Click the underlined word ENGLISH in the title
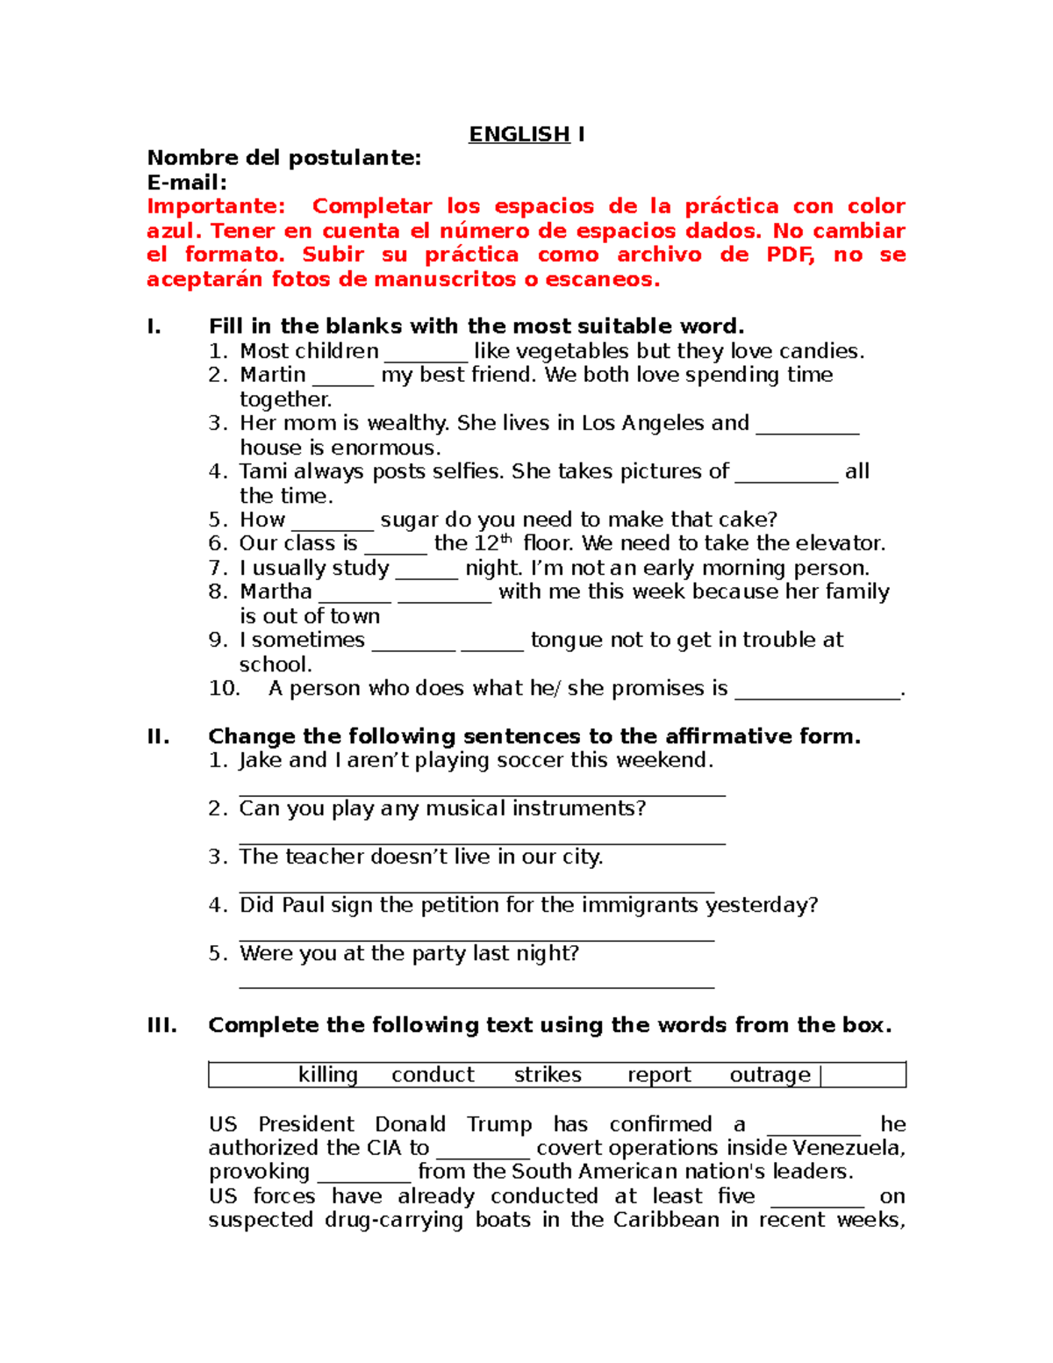[519, 134]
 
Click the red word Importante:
[216, 206]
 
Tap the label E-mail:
[187, 183]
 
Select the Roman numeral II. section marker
[158, 736]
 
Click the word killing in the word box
[328, 1075]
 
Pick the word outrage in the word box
[770, 1075]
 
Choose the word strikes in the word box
[548, 1075]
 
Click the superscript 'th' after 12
[505, 539]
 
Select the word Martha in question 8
[276, 592]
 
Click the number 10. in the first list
[224, 688]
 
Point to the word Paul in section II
[303, 905]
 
